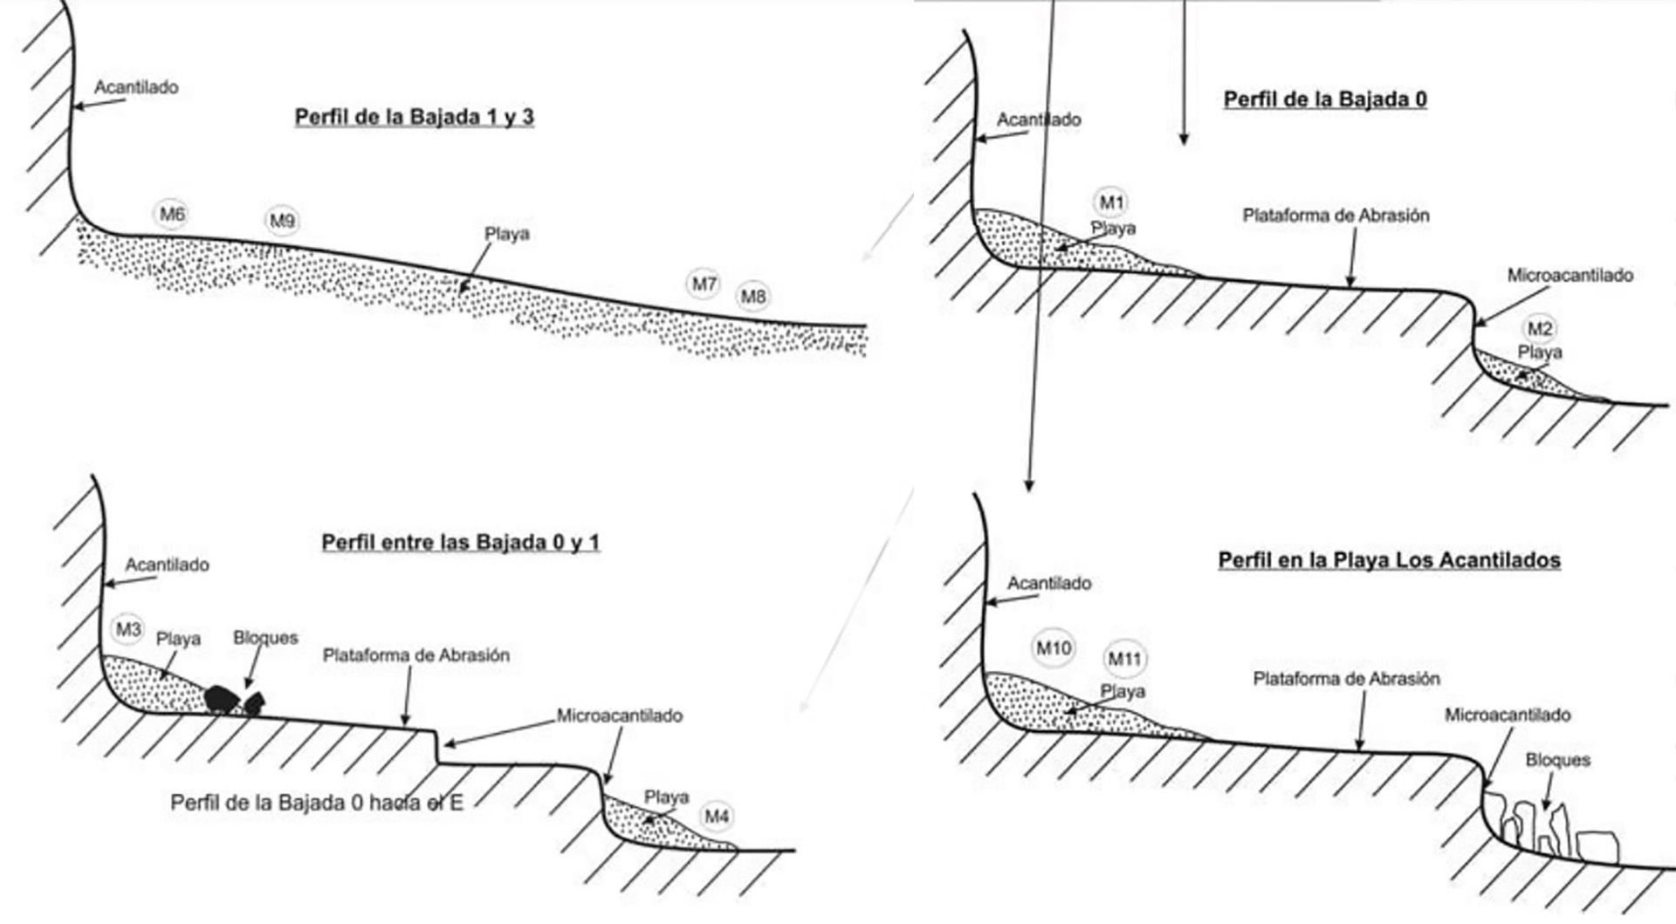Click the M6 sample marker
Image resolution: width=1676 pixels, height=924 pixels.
click(x=172, y=214)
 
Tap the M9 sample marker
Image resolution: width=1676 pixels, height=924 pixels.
click(x=282, y=221)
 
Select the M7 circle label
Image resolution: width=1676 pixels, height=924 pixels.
click(x=704, y=284)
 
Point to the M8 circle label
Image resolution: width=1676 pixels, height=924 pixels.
click(x=753, y=297)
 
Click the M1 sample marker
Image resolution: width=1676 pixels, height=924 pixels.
click(x=1111, y=203)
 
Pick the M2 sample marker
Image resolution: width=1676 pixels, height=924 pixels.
click(x=1540, y=329)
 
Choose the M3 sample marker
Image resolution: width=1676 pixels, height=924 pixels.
click(x=128, y=629)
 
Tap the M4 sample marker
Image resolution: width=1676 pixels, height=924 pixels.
click(x=717, y=817)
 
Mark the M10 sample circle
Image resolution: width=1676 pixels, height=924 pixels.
click(x=1054, y=648)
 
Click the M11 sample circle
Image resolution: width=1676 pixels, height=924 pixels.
click(x=1124, y=660)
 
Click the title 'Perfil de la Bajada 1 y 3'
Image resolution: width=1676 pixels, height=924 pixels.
click(x=414, y=118)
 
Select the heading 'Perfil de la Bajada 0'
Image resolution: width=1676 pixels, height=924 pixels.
click(x=1325, y=99)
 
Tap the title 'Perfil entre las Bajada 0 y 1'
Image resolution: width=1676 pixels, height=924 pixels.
click(x=460, y=543)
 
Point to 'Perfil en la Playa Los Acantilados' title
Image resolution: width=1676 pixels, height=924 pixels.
click(x=1389, y=560)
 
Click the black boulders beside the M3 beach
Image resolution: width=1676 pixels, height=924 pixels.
click(x=233, y=700)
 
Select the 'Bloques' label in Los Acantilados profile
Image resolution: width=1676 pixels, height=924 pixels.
click(x=1557, y=760)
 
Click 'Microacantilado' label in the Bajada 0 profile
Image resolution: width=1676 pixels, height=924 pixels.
click(x=1570, y=276)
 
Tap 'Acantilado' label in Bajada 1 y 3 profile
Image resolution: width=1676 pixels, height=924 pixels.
click(x=136, y=87)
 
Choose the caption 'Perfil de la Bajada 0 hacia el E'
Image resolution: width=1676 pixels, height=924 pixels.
click(x=316, y=803)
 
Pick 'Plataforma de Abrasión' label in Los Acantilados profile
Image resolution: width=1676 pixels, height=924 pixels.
click(x=1346, y=679)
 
